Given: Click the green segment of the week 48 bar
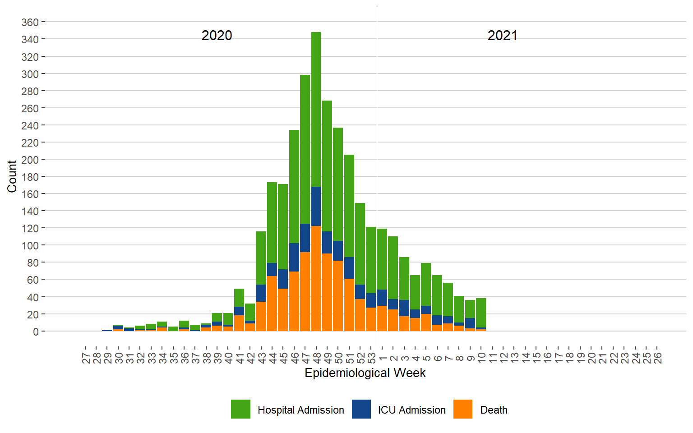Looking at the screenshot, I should coord(316,108).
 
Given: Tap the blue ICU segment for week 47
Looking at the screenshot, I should coord(305,238).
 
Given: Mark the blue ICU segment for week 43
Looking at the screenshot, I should coord(261,293).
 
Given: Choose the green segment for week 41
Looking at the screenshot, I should coord(239,298).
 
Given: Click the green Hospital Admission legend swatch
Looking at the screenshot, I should coord(240,409).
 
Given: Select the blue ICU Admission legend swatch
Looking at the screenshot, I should coord(361,409).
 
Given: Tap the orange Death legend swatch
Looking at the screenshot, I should coord(463,409).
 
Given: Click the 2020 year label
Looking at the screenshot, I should coord(217,36).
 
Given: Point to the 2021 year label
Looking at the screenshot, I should coord(502,36).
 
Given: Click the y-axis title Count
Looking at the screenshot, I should coord(12,176).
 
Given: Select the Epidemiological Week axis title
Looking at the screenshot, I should coord(365,373).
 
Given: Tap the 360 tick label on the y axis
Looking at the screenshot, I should coord(30,22).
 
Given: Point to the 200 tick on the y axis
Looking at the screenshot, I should coord(30,160).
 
